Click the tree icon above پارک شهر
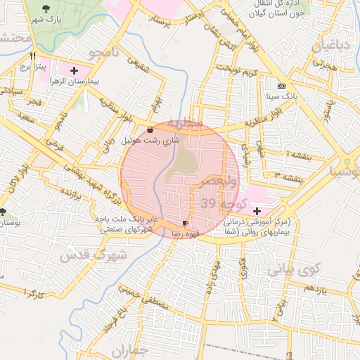46,9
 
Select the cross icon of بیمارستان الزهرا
75,70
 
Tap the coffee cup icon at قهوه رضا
186,223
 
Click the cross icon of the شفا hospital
256,211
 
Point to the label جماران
131,351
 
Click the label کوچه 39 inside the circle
220,203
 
